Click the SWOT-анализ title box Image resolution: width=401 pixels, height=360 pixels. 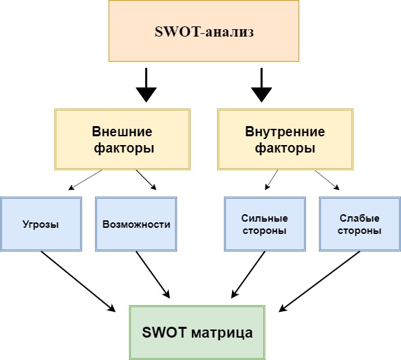coord(204,31)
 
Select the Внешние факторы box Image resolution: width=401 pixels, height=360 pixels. coord(122,139)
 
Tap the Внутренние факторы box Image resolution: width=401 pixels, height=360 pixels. coord(285,139)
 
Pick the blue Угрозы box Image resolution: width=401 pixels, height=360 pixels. coord(41,224)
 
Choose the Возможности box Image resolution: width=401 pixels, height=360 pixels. coord(136,224)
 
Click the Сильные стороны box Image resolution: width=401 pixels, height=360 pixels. coord(265,224)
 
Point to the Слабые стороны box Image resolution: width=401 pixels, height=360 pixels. coord(360,224)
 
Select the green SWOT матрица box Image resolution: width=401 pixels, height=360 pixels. coord(197,332)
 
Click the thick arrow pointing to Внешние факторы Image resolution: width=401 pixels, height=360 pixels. coord(147,85)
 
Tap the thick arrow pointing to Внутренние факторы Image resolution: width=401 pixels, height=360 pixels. coord(261,85)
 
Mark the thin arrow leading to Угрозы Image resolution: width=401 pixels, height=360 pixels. coord(85,180)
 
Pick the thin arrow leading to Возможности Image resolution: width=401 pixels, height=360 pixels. coord(146,180)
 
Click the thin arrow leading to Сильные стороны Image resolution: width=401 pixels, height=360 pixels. coord(271,180)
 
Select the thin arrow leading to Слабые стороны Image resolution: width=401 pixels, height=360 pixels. coord(327,180)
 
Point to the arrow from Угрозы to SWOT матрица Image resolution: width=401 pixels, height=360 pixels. coord(78,281)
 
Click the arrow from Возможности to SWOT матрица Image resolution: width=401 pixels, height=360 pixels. coord(153,275)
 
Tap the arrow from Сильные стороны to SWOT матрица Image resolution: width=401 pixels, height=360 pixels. coord(248,275)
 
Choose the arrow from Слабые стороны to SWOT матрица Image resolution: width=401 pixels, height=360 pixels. coord(320,281)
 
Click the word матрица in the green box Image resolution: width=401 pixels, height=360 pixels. coord(222,333)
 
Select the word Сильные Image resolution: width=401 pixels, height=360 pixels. coord(265,218)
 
